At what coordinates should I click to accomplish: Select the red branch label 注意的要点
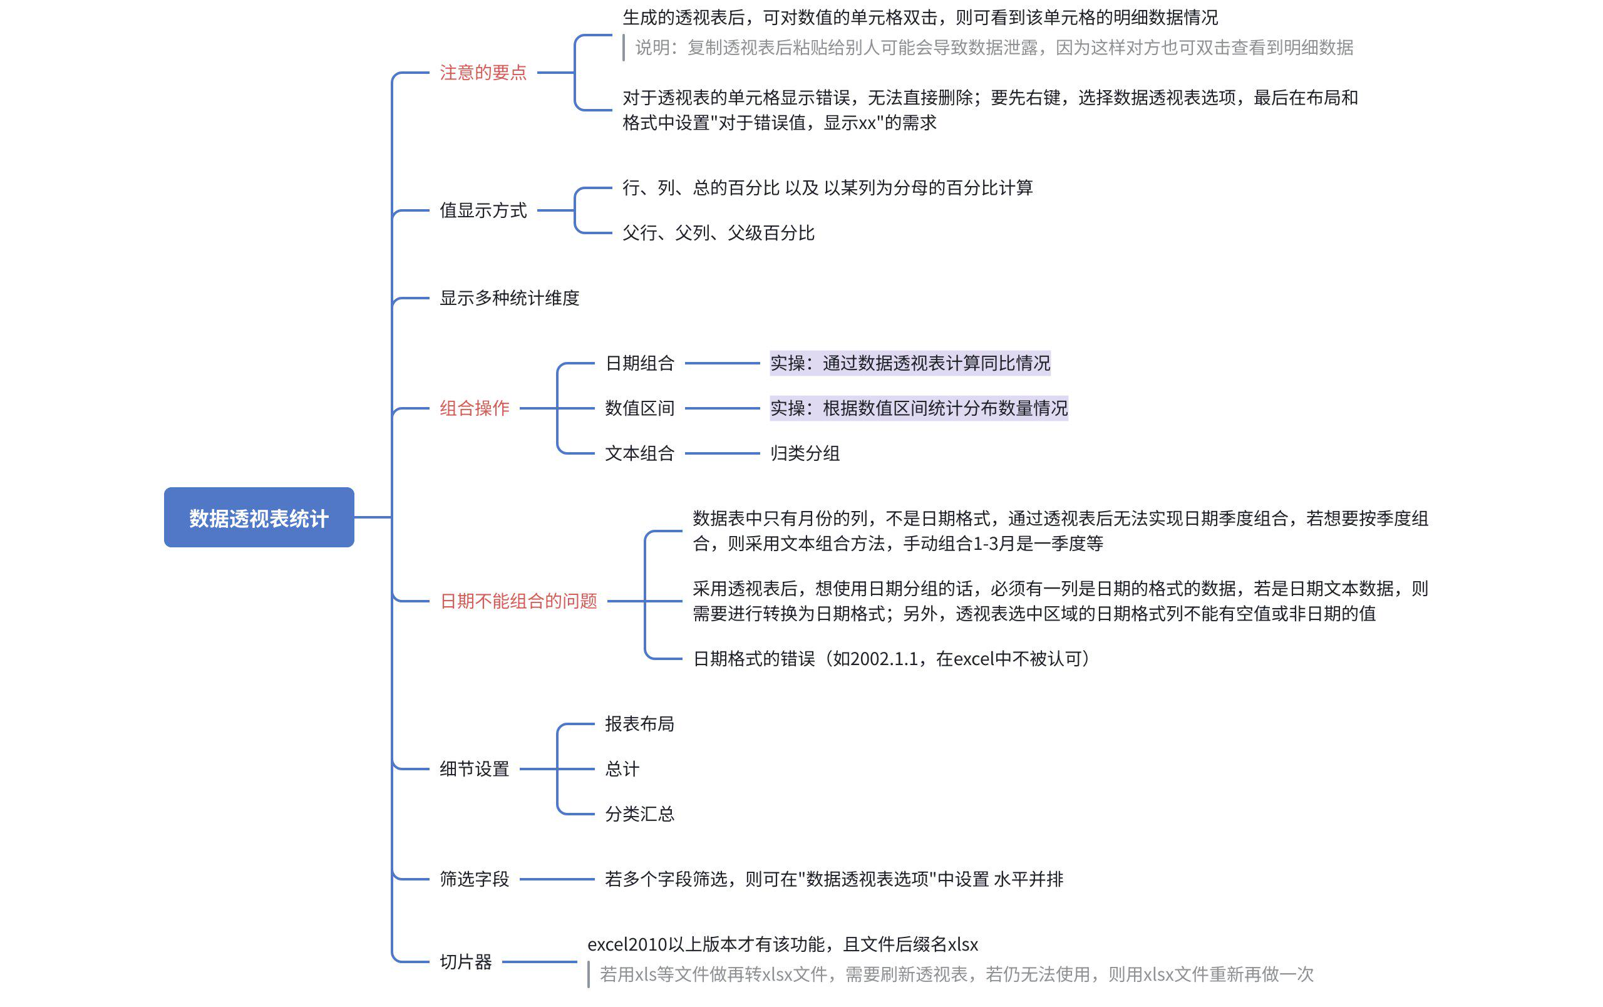(x=483, y=73)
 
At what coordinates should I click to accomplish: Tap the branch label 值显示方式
(x=483, y=210)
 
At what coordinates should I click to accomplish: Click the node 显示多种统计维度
(x=509, y=298)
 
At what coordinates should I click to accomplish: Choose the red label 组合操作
(x=474, y=408)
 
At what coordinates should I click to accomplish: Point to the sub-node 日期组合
(x=639, y=363)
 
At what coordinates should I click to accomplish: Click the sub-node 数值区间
(x=639, y=408)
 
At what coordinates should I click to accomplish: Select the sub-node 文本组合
(x=639, y=453)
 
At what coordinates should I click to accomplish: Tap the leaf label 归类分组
(x=804, y=453)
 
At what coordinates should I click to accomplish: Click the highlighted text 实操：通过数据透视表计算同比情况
(x=909, y=363)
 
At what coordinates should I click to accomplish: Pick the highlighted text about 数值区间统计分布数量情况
(x=918, y=408)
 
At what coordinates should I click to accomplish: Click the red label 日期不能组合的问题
(x=518, y=601)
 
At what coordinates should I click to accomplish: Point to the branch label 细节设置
(x=474, y=769)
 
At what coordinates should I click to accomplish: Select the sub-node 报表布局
(x=639, y=723)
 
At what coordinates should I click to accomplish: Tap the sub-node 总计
(x=622, y=769)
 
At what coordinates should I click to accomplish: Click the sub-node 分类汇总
(x=639, y=813)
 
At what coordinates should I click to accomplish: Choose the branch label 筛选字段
(x=474, y=879)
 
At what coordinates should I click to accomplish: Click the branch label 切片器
(x=465, y=962)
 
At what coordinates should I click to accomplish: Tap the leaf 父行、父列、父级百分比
(x=718, y=233)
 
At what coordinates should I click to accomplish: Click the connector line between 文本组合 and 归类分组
(x=722, y=453)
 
